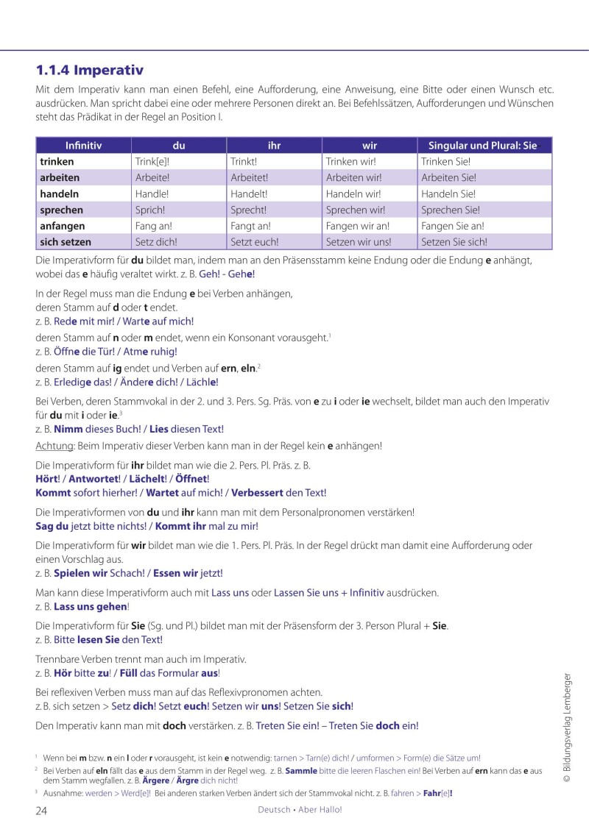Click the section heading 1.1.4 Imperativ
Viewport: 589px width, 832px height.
(x=89, y=71)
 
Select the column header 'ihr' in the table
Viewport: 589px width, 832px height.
(x=274, y=146)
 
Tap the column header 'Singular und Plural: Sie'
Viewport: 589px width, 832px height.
(x=483, y=146)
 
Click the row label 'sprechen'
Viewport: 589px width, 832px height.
(x=61, y=210)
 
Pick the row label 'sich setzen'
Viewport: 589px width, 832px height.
(x=66, y=242)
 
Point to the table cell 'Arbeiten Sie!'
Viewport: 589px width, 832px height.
(x=448, y=178)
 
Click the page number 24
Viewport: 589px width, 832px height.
(x=42, y=810)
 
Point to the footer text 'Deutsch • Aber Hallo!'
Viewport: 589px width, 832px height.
(x=300, y=810)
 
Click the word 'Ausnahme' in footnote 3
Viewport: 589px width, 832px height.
(x=64, y=794)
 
